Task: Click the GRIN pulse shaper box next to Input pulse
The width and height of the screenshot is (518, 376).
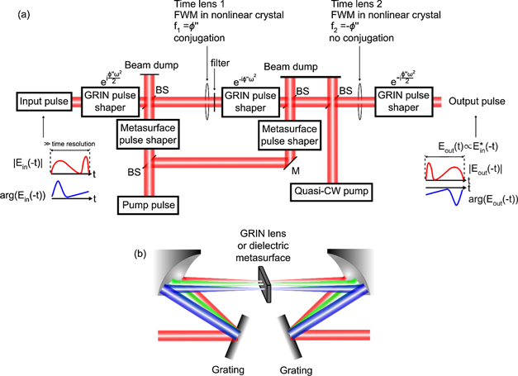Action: (x=107, y=102)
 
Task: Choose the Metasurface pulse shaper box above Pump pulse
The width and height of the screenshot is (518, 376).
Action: (x=148, y=134)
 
